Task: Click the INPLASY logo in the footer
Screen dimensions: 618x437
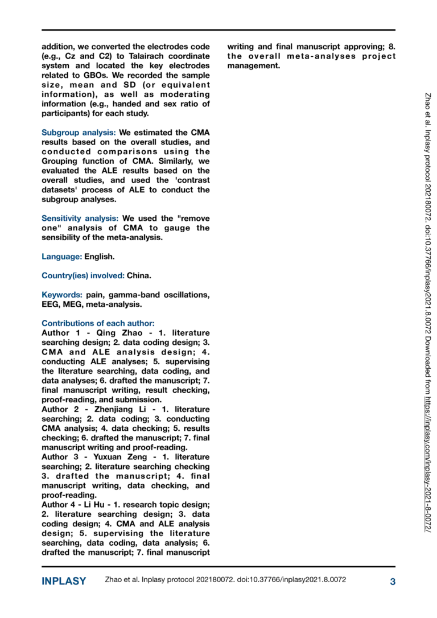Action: point(64,581)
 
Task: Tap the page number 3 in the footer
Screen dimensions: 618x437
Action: point(392,581)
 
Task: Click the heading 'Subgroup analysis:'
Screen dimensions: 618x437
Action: point(79,132)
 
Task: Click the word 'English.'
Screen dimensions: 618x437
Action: point(100,257)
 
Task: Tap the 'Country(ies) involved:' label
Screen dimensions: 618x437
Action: point(83,276)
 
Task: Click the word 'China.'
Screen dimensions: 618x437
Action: point(139,276)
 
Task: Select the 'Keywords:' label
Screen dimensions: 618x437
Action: point(62,295)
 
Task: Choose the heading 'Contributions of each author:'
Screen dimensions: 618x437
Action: point(94,323)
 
